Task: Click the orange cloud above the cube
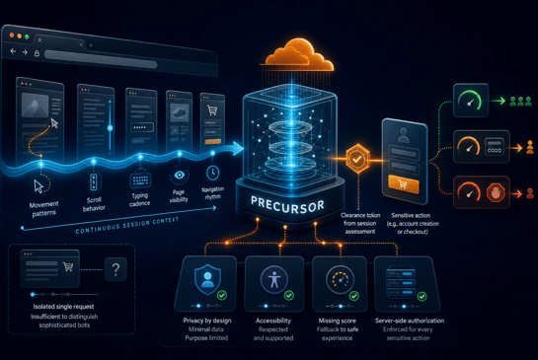coord(298,54)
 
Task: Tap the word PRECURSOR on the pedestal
coord(287,205)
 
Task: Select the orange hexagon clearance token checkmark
coord(357,159)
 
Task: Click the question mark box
coord(115,269)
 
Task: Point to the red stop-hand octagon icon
coord(496,192)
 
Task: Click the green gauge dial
coord(470,101)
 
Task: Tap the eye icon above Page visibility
coord(179,176)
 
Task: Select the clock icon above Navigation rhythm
coord(212,173)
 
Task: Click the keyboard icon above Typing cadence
coord(140,180)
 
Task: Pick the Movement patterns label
coord(43,209)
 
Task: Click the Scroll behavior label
coord(94,204)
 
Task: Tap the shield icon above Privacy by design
coord(207,279)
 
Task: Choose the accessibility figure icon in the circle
coord(273,279)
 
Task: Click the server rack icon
coord(400,283)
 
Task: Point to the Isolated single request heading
coord(63,307)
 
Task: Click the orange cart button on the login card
coord(403,184)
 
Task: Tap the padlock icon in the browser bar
coord(37,53)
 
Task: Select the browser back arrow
coord(13,51)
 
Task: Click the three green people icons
coord(520,101)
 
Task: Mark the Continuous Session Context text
coord(127,225)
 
